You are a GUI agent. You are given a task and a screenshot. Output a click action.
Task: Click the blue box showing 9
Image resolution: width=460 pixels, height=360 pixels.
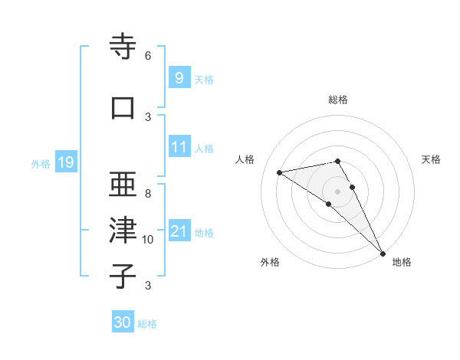coord(178,77)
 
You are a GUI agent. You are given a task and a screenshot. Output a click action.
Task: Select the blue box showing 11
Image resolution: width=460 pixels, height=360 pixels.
coord(178,147)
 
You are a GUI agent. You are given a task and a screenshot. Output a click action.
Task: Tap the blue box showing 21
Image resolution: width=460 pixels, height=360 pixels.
coord(178,231)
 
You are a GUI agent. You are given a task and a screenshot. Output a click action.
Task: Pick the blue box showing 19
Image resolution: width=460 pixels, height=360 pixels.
coord(65,162)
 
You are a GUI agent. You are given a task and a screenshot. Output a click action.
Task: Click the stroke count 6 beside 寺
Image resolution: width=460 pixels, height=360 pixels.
coord(148,55)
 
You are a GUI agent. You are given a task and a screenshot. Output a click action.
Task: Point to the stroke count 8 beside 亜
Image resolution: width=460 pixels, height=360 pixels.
coord(148,194)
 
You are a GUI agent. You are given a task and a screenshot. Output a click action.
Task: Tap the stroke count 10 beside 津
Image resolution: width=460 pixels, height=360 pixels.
coord(148,240)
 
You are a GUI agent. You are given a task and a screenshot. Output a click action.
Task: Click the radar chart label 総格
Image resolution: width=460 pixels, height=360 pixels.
coord(338,100)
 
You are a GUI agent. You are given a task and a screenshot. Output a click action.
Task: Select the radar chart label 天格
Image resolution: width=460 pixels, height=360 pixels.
coord(431,159)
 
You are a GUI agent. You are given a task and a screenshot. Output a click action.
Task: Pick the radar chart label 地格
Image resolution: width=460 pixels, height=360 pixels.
coord(402,262)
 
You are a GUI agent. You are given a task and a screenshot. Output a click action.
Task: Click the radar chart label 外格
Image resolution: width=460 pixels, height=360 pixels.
coord(270,262)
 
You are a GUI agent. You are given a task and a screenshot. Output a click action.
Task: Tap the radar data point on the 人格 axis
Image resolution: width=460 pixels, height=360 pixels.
coord(280,172)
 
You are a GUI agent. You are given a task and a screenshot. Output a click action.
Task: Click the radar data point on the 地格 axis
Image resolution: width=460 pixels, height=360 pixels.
coord(382,252)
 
